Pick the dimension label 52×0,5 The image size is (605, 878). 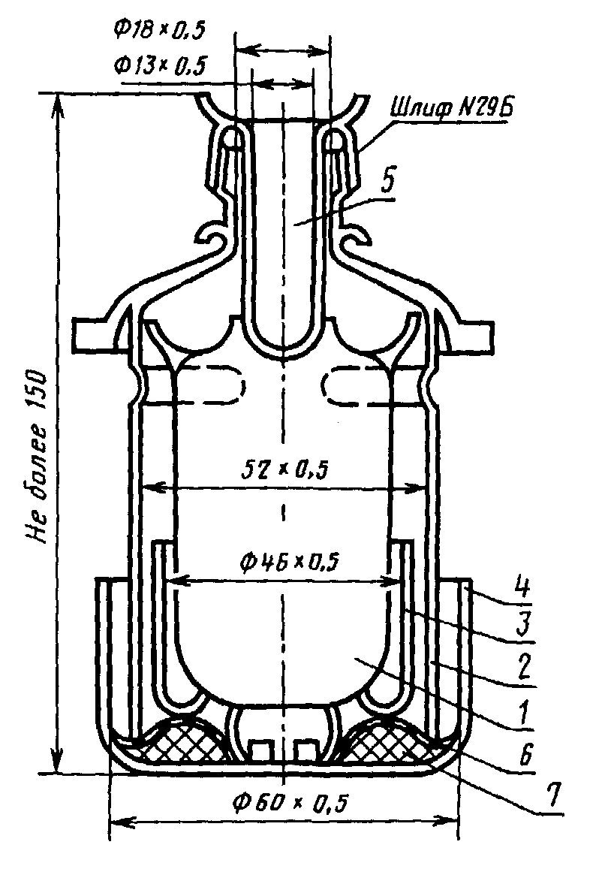(283, 470)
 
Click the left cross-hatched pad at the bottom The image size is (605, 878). (179, 744)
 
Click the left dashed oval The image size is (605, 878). (214, 386)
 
